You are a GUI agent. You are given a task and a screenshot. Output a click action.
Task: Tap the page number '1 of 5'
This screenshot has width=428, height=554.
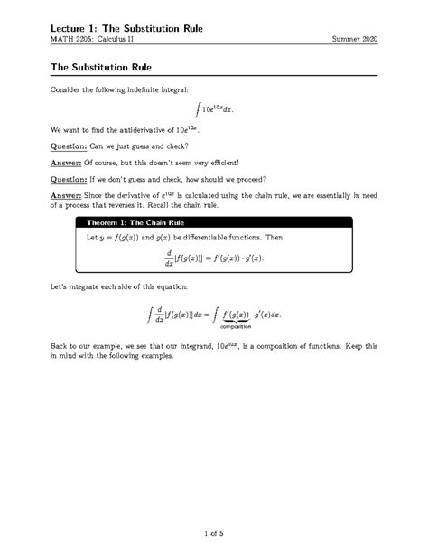click(x=213, y=533)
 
